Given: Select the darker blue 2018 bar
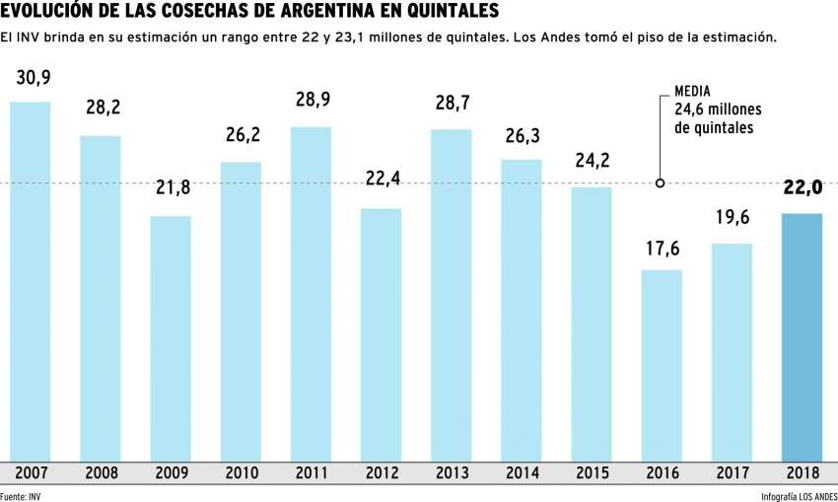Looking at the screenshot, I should click(x=802, y=335).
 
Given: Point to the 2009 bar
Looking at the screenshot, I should click(x=171, y=336).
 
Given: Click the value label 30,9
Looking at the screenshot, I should click(x=31, y=77).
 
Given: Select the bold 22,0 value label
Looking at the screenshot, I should click(x=802, y=188).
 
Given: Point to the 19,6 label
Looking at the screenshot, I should click(x=732, y=219).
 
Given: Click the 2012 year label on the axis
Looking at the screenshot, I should click(x=381, y=471).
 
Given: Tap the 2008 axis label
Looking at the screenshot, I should click(x=101, y=471).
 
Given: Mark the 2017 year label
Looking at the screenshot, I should click(x=732, y=471).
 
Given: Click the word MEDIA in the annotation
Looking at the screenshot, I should click(x=693, y=90).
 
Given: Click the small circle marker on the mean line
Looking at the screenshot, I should click(x=661, y=182).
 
